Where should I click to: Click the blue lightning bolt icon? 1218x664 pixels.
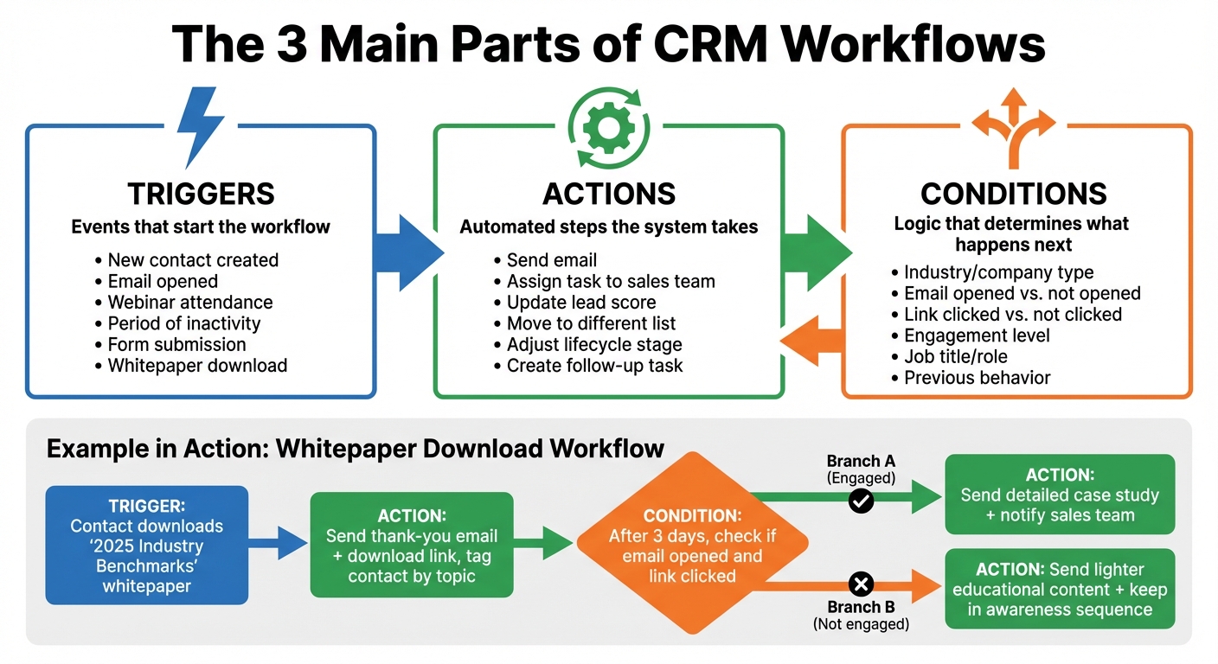pyautogui.click(x=201, y=125)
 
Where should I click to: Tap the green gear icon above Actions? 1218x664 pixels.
pyautogui.click(x=609, y=127)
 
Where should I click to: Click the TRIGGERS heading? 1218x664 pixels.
pyautogui.click(x=201, y=193)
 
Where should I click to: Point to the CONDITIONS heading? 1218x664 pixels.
pyautogui.click(x=1013, y=193)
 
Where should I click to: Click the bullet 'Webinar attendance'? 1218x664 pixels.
pyautogui.click(x=189, y=303)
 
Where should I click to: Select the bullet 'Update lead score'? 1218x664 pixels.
pyautogui.click(x=580, y=303)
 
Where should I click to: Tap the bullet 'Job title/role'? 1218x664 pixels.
pyautogui.click(x=955, y=356)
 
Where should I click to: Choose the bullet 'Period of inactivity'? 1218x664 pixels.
pyautogui.click(x=183, y=323)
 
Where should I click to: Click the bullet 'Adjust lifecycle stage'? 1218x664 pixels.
pyautogui.click(x=593, y=344)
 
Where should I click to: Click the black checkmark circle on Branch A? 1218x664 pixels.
pyautogui.click(x=861, y=501)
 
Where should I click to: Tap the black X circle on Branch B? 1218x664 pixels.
pyautogui.click(x=861, y=585)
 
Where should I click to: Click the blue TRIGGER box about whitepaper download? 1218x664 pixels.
pyautogui.click(x=146, y=545)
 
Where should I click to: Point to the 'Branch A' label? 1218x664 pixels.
pyautogui.click(x=860, y=461)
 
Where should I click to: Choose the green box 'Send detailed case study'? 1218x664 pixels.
pyautogui.click(x=1060, y=495)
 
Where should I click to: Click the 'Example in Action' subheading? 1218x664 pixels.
pyautogui.click(x=355, y=448)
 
